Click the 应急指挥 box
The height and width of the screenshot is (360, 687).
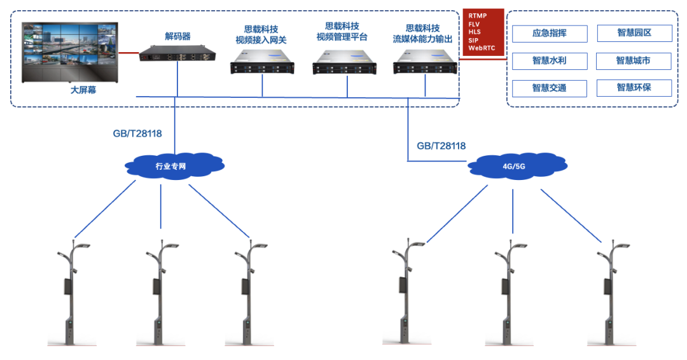(549, 33)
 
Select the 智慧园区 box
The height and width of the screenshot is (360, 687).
(634, 33)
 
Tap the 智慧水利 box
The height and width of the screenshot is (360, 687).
(549, 61)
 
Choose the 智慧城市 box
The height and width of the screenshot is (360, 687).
(634, 61)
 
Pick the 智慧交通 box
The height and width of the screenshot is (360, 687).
(549, 88)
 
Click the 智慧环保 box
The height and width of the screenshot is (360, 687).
(634, 88)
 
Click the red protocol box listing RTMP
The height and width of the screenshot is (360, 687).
(483, 32)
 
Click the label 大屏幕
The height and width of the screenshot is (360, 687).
(84, 91)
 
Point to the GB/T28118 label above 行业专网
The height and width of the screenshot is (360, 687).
(136, 134)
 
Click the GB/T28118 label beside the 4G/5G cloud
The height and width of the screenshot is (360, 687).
(441, 146)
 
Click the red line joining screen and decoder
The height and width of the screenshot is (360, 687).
(129, 53)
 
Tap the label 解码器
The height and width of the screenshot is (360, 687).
(177, 36)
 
